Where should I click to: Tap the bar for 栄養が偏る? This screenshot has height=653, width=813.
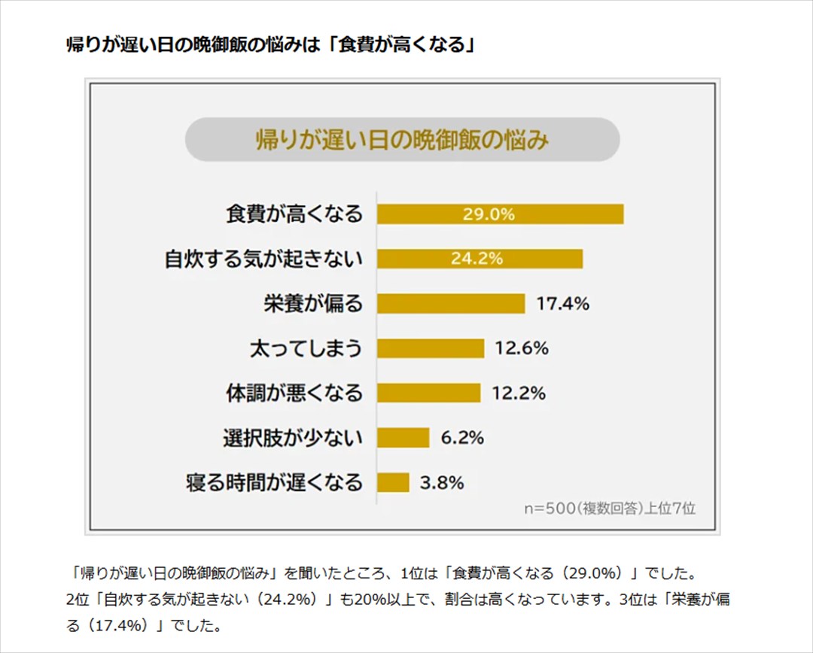pos(450,303)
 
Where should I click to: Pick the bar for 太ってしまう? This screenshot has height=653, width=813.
pos(430,348)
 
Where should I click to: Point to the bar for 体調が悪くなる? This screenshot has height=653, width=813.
pos(428,393)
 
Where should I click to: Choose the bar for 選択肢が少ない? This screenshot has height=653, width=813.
pos(403,437)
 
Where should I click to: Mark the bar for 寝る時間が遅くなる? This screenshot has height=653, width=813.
pos(393,482)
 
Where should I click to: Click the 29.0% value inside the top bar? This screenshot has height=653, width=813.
pos(489,214)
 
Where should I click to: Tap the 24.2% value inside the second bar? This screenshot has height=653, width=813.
pos(477,259)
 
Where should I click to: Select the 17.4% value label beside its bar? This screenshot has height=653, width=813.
pos(562,304)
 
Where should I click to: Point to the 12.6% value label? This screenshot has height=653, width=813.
pos(522,348)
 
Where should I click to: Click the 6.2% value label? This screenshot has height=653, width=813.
pos(462,437)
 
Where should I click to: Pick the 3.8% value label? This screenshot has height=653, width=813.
pos(442,482)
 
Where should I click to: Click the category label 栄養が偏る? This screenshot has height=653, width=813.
pos(312,303)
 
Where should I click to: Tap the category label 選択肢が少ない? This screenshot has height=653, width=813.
pos(292,437)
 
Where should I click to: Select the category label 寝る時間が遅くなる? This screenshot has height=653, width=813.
pos(274,482)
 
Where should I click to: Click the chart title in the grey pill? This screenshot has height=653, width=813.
pos(402,140)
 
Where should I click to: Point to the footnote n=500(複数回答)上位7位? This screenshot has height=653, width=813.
pos(610,508)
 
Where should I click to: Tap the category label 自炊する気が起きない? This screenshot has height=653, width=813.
pos(263,259)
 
